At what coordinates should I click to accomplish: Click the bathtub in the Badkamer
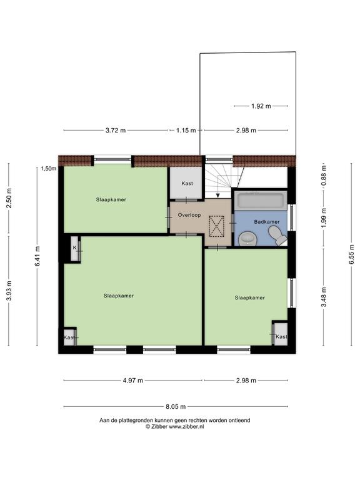coord(261,201)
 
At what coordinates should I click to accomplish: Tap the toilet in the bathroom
coord(277,235)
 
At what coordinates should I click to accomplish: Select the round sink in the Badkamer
coord(247,239)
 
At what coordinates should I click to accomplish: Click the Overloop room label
coord(189,215)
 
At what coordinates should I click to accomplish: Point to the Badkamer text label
coord(267,222)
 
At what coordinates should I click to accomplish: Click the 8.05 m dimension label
coord(176,406)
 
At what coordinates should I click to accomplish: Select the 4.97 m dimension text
coord(133,381)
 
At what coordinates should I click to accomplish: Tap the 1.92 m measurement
coord(261,106)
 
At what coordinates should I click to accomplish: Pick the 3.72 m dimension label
coord(116,131)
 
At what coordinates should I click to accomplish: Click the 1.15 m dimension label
coord(186,131)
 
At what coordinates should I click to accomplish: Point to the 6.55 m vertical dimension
coord(352,254)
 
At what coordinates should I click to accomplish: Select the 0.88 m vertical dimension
coord(324,174)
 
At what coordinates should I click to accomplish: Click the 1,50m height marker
coord(49,168)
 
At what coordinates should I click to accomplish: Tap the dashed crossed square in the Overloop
coord(216,226)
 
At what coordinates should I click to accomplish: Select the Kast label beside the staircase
coord(187,183)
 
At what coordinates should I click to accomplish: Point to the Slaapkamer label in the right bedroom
coord(250,297)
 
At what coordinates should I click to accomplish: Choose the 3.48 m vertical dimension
coord(324,297)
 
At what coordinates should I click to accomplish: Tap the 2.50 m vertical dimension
coord(9,197)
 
